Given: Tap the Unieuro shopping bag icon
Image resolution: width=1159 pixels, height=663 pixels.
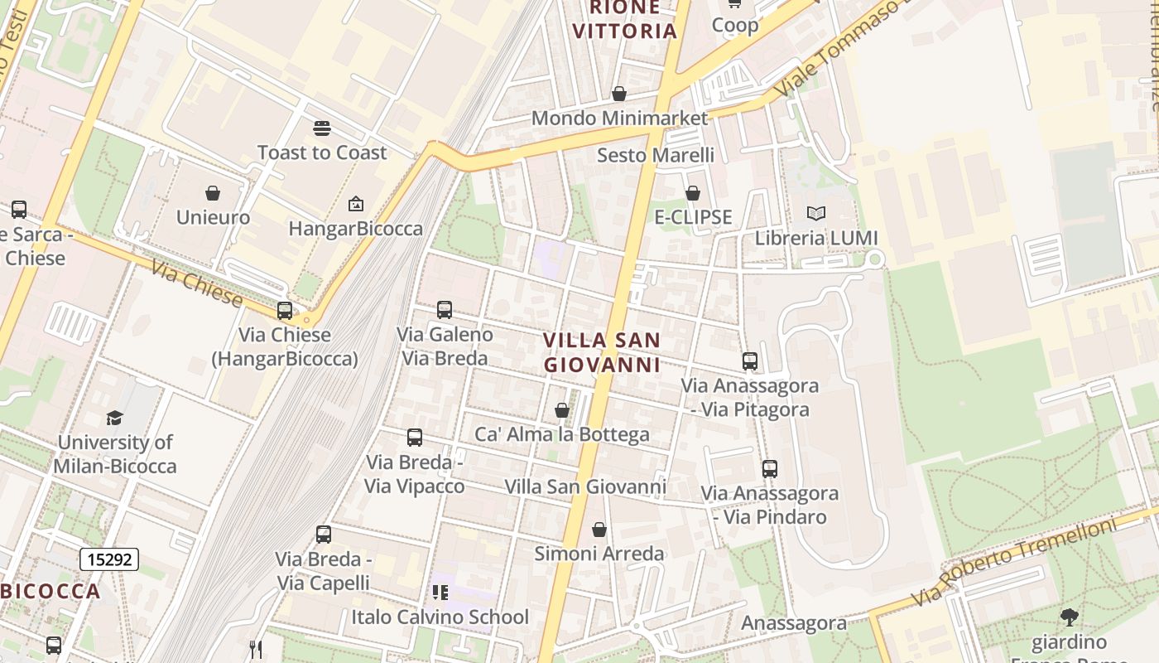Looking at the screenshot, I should coord(213,193).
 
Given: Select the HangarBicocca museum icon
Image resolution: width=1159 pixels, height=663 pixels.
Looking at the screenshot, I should coord(356,204).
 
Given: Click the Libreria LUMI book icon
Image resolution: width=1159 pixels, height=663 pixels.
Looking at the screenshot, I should coord(816,214).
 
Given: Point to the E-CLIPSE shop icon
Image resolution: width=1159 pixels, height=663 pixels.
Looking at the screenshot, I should coord(693,193).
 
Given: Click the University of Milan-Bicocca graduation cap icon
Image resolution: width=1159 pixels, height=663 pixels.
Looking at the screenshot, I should coord(115,418).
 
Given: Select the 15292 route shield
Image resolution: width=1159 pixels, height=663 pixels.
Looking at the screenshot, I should coord(109,559).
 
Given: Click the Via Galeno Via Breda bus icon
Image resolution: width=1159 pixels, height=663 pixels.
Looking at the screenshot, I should coord(445,310).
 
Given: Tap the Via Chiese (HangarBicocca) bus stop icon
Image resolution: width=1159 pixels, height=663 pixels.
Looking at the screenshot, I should coord(285,311).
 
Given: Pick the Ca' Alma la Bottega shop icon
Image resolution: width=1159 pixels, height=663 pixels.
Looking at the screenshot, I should coord(562,410).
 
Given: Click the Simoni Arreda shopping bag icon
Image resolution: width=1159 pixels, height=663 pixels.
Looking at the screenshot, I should coord(599,530).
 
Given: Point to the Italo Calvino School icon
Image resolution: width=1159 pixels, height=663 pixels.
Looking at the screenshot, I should coord(440,593).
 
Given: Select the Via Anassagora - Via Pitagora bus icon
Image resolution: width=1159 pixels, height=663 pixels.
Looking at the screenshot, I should coord(750,361).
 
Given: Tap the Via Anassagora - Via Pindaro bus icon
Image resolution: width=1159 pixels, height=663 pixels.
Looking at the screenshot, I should coord(770,469).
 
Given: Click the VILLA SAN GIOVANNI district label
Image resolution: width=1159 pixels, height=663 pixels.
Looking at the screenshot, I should coord(603,352).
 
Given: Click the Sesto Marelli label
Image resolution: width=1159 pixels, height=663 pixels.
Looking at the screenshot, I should coord(656,155).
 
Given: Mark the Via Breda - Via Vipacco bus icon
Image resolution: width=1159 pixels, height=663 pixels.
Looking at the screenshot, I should coord(415,438).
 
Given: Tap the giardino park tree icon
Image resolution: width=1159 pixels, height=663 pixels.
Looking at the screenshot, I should coord(1070,617).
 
